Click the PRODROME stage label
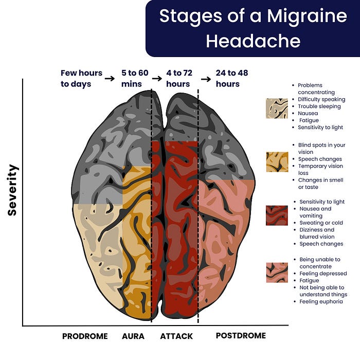pos(85,336)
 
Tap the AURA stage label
pos(133,336)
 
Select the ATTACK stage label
pos(176,336)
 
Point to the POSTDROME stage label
pos(241,336)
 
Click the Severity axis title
pos(13,190)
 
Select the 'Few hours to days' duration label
pos(81,78)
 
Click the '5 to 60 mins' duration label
pos(135,78)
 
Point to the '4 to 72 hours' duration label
pos(178,78)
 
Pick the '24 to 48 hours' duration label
pos(231,78)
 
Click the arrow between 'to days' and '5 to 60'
pos(110,78)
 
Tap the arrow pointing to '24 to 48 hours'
pos(206,79)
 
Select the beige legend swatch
pos(277,109)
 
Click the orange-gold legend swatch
pos(277,161)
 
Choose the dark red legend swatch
pos(277,215)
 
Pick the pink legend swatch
pos(277,273)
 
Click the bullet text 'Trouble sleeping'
pos(319,106)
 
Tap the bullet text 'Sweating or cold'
pos(321,223)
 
